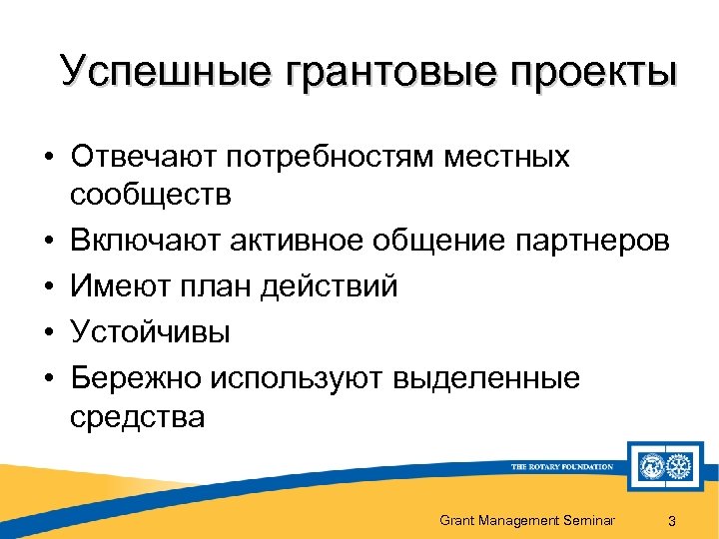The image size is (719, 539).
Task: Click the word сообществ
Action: coord(151,194)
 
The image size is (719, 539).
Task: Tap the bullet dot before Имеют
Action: coord(48,287)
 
